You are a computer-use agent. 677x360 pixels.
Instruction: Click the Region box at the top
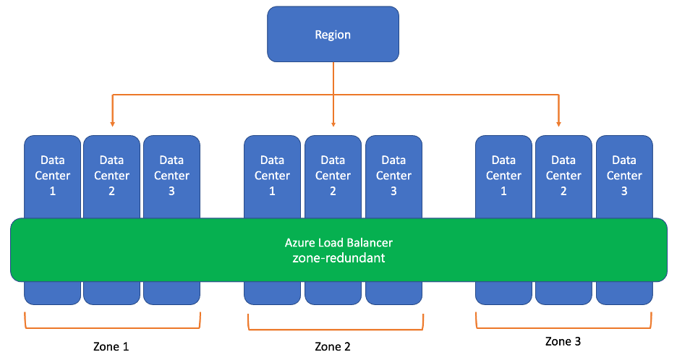coord(333,34)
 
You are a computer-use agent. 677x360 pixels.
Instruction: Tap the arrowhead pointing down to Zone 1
coord(112,123)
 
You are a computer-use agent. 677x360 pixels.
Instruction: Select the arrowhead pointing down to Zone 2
coord(333,123)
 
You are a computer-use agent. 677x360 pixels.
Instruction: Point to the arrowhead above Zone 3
coord(558,123)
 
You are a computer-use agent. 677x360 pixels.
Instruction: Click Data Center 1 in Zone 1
coord(53,175)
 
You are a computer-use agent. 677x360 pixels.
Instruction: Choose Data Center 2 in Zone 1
coord(112,175)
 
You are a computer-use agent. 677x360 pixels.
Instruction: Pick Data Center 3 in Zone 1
coord(171,175)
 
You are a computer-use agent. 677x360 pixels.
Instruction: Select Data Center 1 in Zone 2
coord(272,175)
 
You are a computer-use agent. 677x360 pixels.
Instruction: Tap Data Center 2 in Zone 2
coord(333,175)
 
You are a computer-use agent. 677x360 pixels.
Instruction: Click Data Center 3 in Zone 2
coord(393,175)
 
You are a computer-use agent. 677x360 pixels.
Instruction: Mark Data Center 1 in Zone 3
coord(503,175)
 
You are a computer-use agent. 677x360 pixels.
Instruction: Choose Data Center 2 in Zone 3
coord(563,175)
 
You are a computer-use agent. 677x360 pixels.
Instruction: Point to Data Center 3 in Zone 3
coord(624,175)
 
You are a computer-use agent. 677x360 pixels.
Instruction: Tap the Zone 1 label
coord(111,346)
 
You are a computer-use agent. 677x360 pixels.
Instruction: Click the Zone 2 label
coord(333,346)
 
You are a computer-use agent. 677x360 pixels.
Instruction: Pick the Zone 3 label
coord(563,340)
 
